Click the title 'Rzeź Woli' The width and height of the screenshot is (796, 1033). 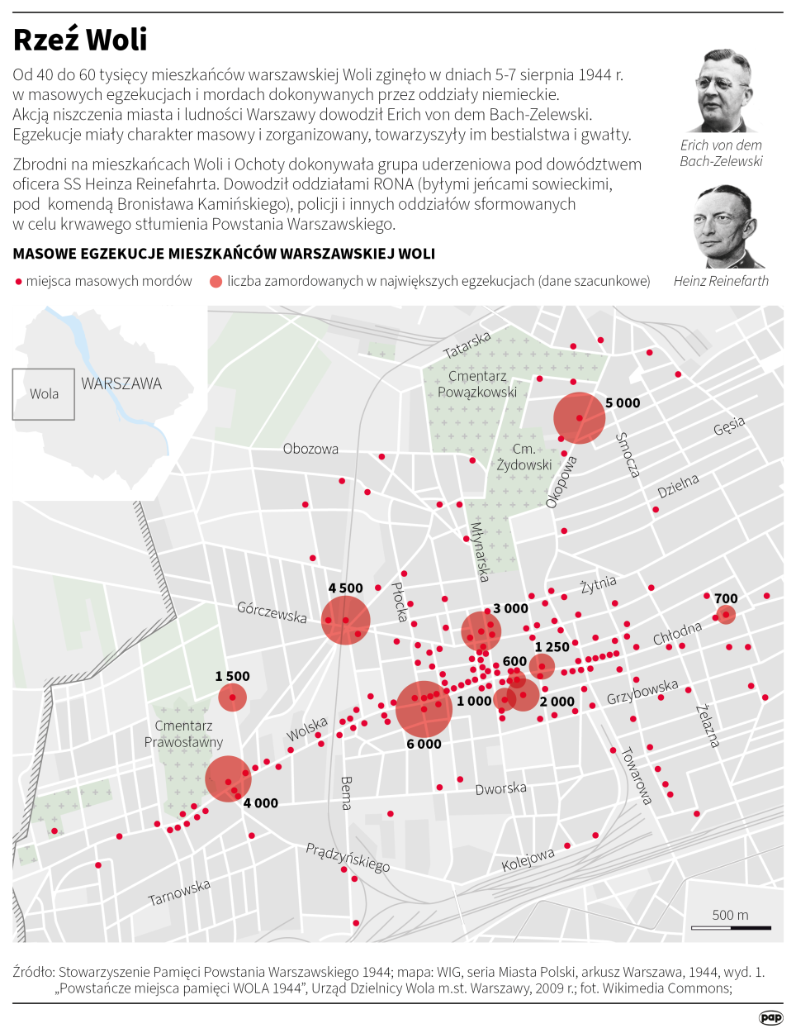[80, 40]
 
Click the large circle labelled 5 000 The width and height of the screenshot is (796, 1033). [579, 418]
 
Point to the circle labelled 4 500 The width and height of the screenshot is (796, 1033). [345, 619]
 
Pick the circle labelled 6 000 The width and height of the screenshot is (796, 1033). [424, 709]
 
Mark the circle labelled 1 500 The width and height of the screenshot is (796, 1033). [232, 697]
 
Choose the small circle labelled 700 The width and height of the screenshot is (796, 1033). [725, 615]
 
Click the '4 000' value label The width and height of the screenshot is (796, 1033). [260, 803]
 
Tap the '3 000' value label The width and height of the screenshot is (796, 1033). [510, 609]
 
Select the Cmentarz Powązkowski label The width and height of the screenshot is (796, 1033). [477, 384]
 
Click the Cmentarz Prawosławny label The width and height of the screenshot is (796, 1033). [183, 734]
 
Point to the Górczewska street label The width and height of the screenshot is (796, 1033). [272, 612]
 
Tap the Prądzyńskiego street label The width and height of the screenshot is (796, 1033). [348, 857]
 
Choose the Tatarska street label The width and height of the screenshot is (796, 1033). [467, 345]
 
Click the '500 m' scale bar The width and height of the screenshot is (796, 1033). [731, 921]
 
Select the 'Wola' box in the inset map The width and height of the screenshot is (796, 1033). [44, 394]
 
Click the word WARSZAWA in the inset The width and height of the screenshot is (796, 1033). [121, 383]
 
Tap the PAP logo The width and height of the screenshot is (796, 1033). [770, 1017]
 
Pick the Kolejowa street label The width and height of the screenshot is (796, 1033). [528, 860]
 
